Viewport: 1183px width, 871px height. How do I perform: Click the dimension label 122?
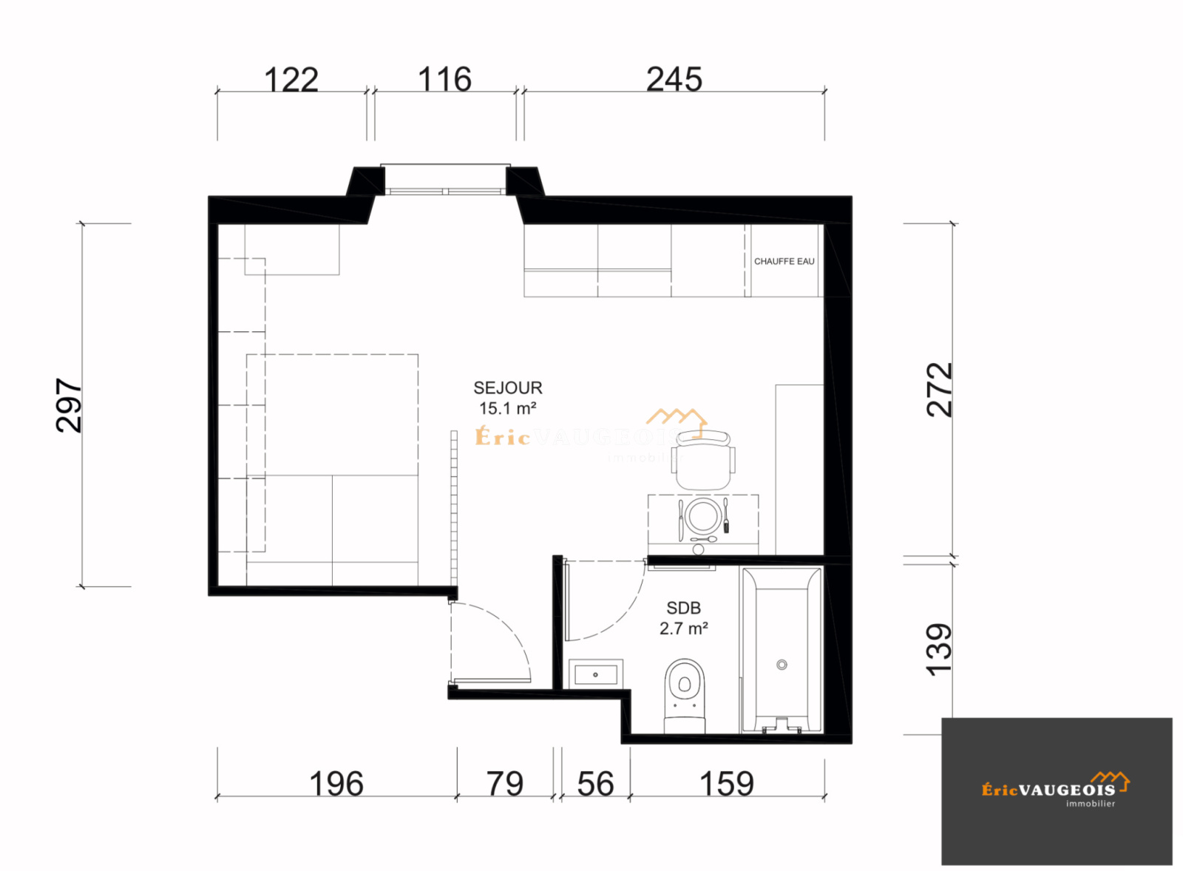click(x=291, y=80)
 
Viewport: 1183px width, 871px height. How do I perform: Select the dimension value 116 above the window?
click(x=444, y=79)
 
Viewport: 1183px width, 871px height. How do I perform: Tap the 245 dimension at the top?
click(x=674, y=79)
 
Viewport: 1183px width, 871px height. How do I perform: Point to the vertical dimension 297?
click(x=69, y=405)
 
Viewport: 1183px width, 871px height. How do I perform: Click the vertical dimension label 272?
click(x=940, y=390)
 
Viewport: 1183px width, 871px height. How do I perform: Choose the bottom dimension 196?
click(x=336, y=784)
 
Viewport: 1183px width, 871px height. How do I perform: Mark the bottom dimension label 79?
click(x=505, y=784)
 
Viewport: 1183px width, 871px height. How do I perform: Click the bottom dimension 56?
click(x=595, y=784)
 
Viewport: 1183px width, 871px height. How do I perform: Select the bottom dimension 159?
click(x=727, y=784)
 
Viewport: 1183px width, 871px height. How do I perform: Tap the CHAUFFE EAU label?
click(x=784, y=261)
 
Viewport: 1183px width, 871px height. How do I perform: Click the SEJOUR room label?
click(x=508, y=388)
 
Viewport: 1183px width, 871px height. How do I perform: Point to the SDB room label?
click(x=683, y=608)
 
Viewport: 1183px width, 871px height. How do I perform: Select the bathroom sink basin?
click(x=595, y=674)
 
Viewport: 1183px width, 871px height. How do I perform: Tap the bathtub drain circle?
click(x=782, y=665)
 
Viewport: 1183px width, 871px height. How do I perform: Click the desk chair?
click(x=703, y=458)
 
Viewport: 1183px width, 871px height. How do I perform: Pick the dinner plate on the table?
click(x=702, y=515)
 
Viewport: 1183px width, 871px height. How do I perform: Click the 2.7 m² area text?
click(x=683, y=628)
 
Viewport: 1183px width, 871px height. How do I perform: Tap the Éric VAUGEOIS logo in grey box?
click(x=1055, y=789)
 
